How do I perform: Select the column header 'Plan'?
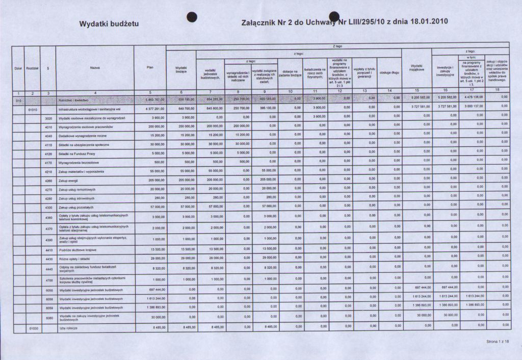click(150, 67)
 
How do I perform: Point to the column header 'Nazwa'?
click(94, 67)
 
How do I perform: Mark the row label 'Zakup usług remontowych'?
click(75, 190)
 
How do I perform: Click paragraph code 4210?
click(48, 171)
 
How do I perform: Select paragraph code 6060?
click(48, 317)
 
